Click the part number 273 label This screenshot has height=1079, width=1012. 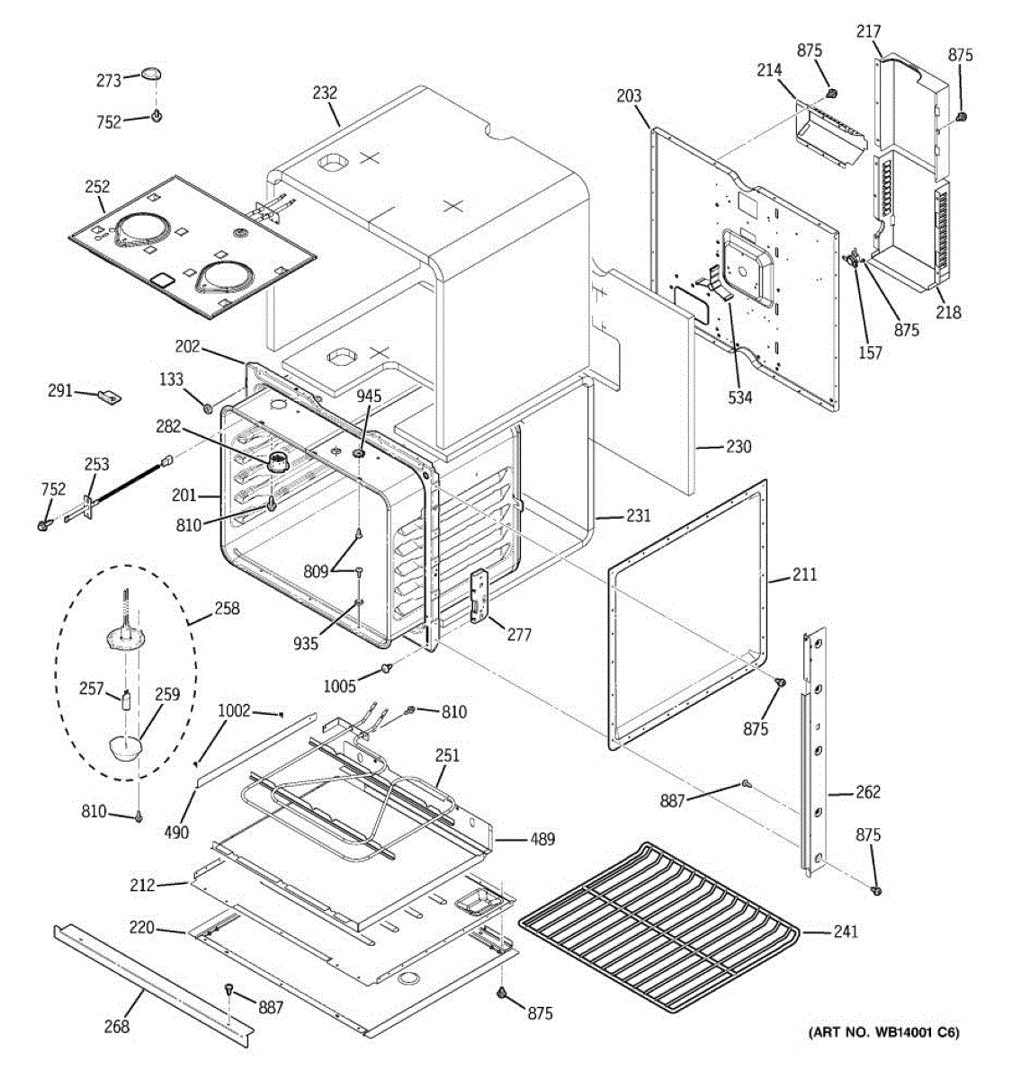[x=109, y=81]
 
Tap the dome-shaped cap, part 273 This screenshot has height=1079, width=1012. [x=152, y=75]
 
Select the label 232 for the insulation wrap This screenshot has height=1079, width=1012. [x=325, y=93]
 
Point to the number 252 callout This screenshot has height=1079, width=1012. [x=97, y=187]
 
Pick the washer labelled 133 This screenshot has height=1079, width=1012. [x=208, y=407]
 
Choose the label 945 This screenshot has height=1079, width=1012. [x=369, y=396]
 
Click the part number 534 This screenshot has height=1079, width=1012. [x=740, y=397]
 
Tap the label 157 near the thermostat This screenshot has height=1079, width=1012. [x=870, y=352]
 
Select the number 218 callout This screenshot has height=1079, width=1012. [x=948, y=312]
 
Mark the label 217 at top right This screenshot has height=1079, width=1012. [x=868, y=31]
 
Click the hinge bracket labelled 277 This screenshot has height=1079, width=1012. [x=479, y=596]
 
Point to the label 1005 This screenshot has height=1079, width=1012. [x=339, y=686]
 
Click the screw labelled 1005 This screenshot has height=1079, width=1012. [x=387, y=666]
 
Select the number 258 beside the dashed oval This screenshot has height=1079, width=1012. [x=227, y=608]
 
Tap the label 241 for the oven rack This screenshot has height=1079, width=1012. [x=846, y=932]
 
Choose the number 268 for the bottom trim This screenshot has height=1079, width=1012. [x=116, y=1026]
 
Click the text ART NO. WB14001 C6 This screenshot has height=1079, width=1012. [x=884, y=1047]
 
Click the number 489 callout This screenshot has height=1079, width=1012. [x=542, y=839]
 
